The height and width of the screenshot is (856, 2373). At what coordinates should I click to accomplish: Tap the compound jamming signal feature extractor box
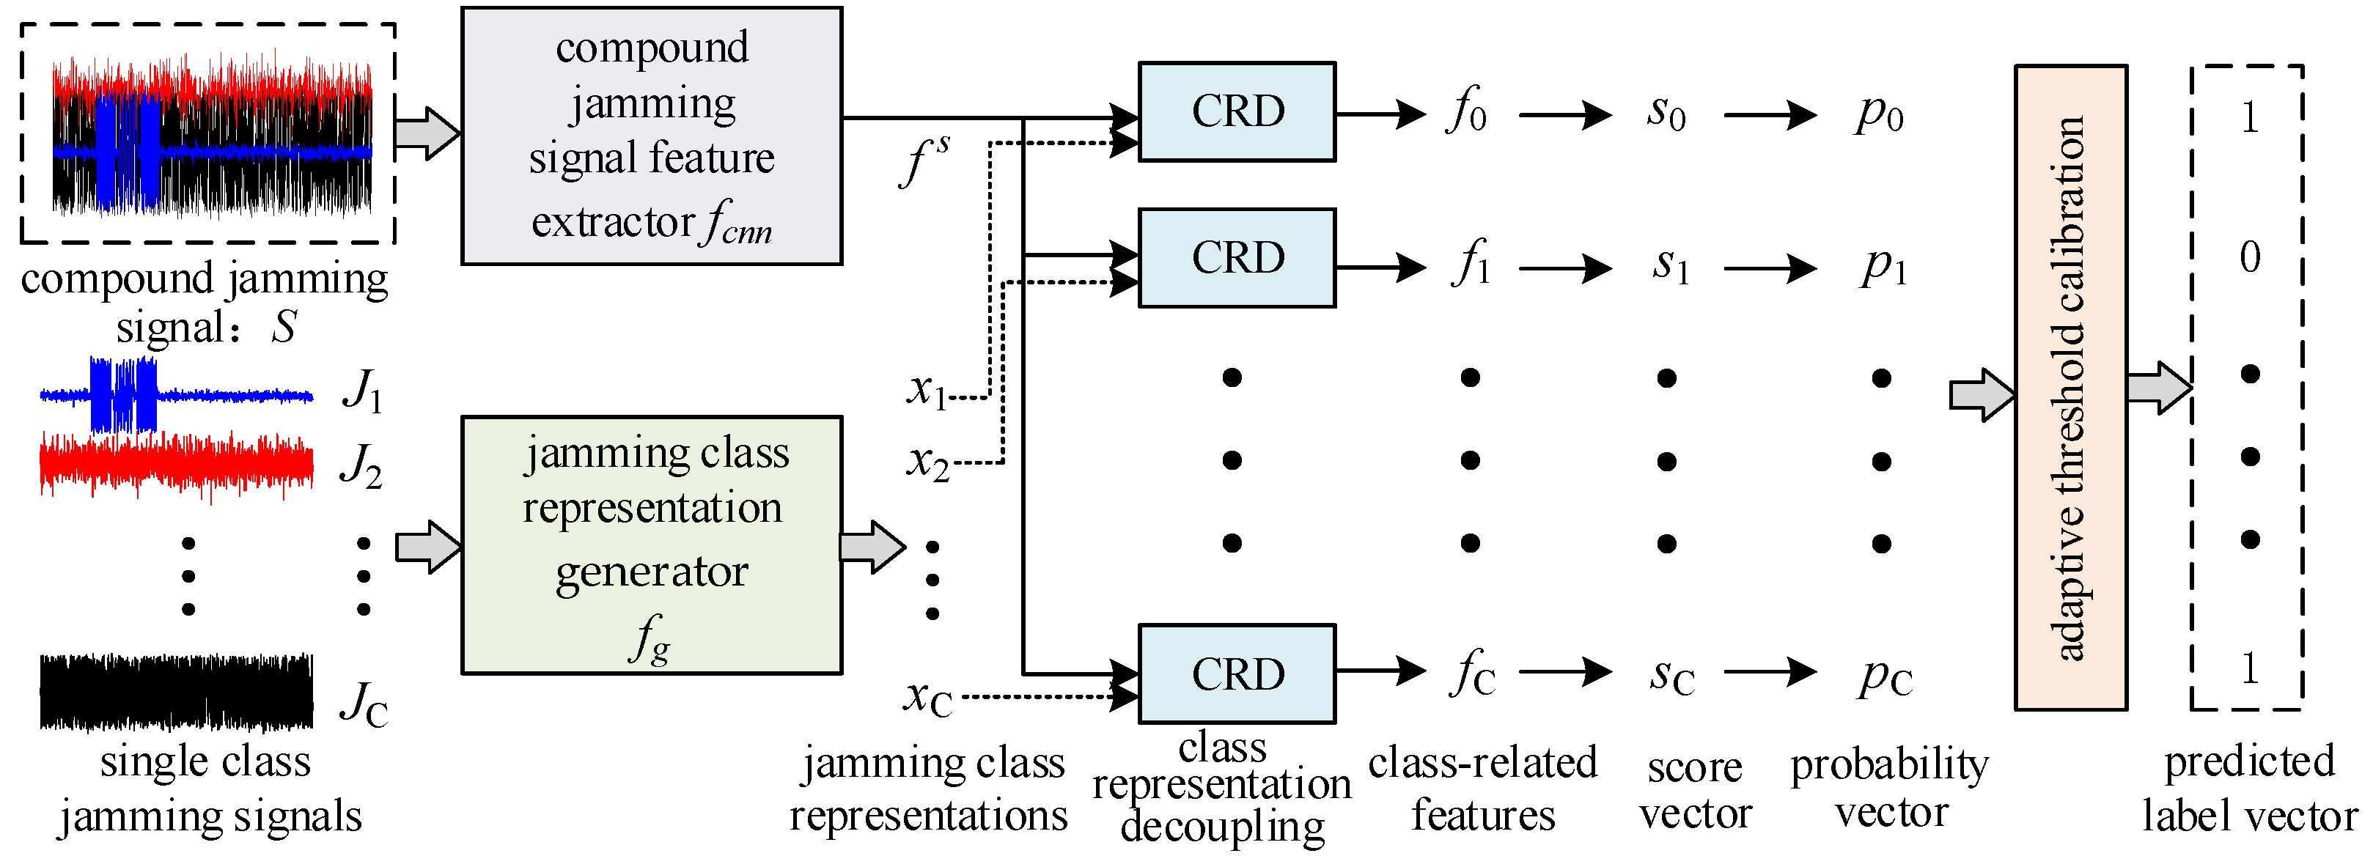pyautogui.click(x=651, y=136)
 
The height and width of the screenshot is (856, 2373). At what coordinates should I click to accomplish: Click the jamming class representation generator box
pyautogui.click(x=651, y=545)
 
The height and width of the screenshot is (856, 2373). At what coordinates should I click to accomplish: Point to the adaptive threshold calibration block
pyautogui.click(x=2070, y=387)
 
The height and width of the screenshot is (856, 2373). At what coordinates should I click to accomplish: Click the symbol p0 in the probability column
pyautogui.click(x=1879, y=114)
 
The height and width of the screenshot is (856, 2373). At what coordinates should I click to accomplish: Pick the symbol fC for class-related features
pyautogui.click(x=1472, y=674)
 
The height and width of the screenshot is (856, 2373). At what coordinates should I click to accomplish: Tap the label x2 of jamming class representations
pyautogui.click(x=927, y=462)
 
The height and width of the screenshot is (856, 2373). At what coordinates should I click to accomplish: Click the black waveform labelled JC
pyautogui.click(x=176, y=691)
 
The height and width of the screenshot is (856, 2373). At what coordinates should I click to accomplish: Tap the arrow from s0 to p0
pyautogui.click(x=1770, y=115)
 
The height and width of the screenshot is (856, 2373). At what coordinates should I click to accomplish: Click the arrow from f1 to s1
pyautogui.click(x=1565, y=268)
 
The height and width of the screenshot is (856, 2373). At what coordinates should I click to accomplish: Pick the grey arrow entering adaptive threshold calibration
pyautogui.click(x=1982, y=395)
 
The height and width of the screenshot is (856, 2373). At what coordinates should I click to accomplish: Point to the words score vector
pyautogui.click(x=1695, y=791)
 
